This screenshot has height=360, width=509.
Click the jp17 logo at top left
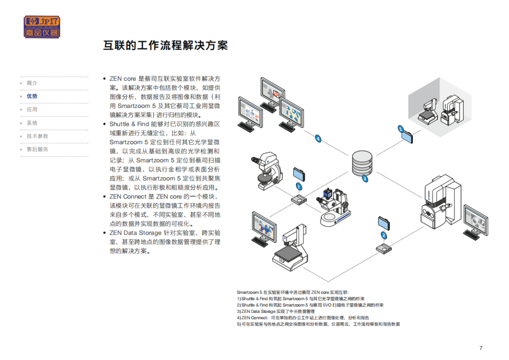tap(42, 27)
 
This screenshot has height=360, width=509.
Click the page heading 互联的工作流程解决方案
tap(165, 45)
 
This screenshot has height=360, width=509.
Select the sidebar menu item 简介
tap(32, 83)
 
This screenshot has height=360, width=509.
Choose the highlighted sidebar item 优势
tap(32, 97)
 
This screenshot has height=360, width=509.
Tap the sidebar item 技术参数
tap(37, 136)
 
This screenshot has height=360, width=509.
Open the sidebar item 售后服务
tap(37, 149)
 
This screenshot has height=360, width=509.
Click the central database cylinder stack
tap(362, 163)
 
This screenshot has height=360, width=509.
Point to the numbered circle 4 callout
tap(318, 139)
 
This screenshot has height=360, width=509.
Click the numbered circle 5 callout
tap(401, 129)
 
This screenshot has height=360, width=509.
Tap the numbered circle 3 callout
tap(365, 179)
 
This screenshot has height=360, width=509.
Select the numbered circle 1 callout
tap(299, 187)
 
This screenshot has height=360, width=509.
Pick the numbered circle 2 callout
tap(384, 235)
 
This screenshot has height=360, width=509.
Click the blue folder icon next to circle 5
tap(407, 137)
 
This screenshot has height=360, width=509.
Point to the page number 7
tap(481, 348)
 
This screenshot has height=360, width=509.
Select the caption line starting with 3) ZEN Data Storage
tap(276, 311)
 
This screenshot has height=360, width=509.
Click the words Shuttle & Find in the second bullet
tap(129, 124)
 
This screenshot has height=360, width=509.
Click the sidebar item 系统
tap(32, 123)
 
